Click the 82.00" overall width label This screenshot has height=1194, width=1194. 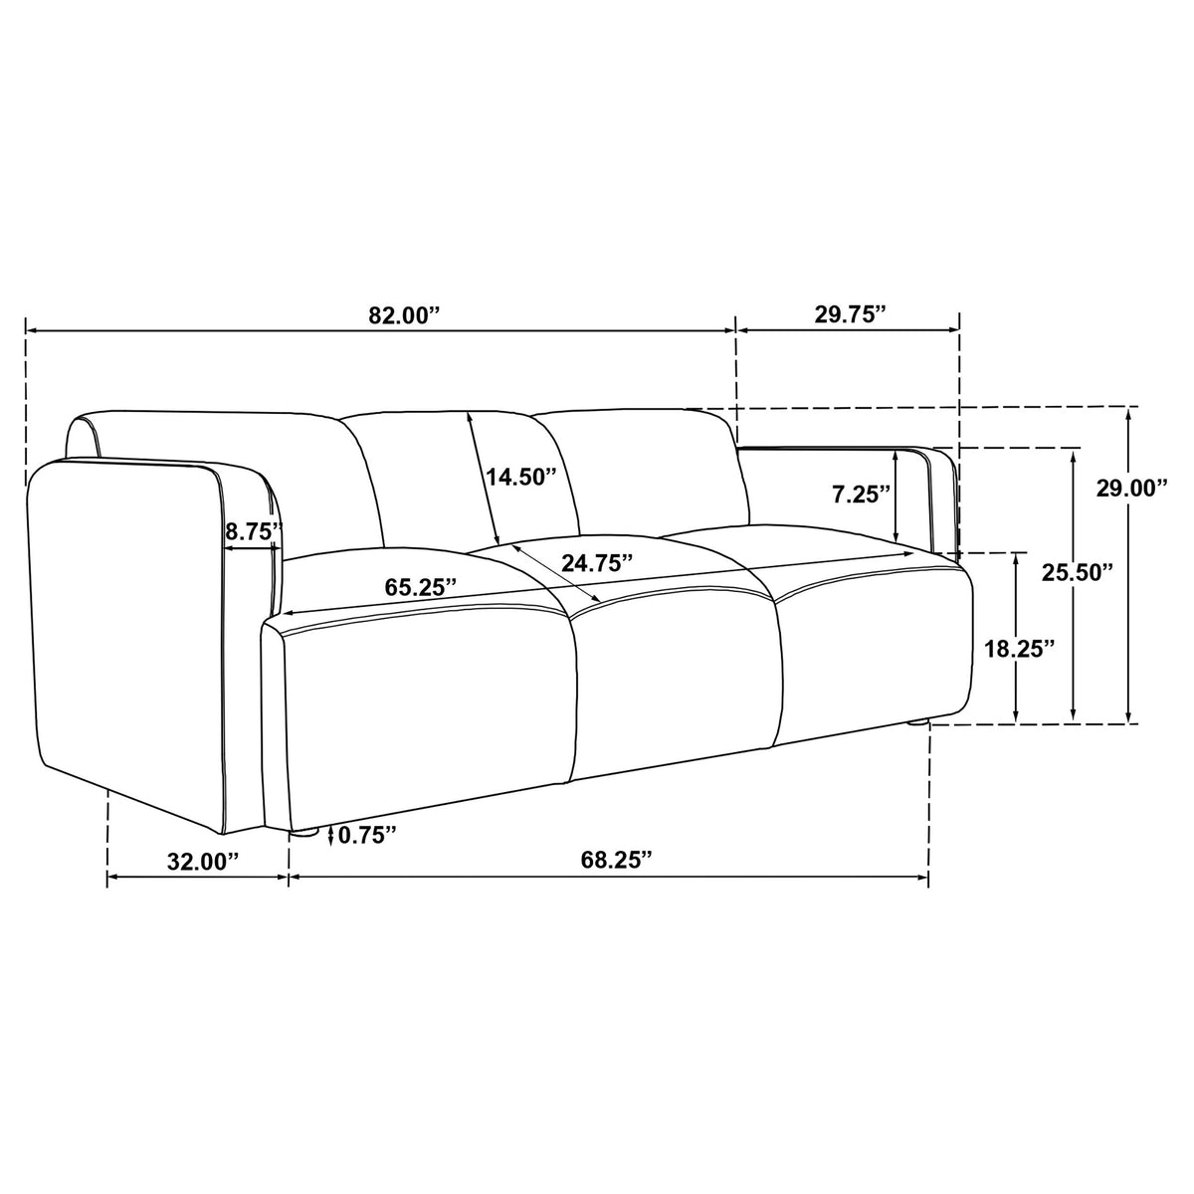pyautogui.click(x=403, y=315)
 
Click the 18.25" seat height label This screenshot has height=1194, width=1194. pyautogui.click(x=1019, y=649)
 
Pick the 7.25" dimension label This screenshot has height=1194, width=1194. pyautogui.click(x=862, y=495)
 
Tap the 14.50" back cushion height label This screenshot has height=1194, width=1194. pyautogui.click(x=521, y=478)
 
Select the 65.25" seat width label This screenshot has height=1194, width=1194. pyautogui.click(x=421, y=586)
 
